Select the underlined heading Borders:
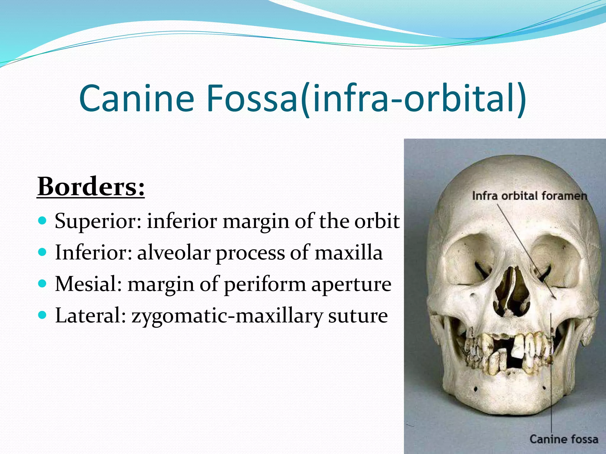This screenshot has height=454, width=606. (x=91, y=187)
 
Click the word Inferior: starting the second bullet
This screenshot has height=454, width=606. (x=94, y=253)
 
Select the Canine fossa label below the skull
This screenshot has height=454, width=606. (x=564, y=439)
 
